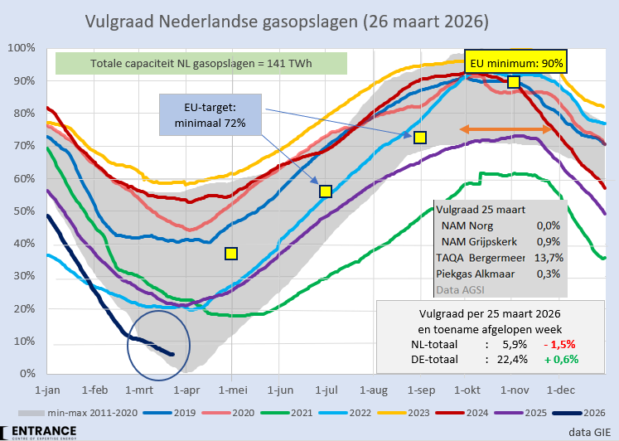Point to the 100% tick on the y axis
coord(18,47)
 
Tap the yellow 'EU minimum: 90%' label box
coord(515,62)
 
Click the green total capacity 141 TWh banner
coord(201,64)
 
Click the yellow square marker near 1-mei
coord(231,254)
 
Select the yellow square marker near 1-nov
coord(514,81)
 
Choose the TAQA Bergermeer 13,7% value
coord(549,258)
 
